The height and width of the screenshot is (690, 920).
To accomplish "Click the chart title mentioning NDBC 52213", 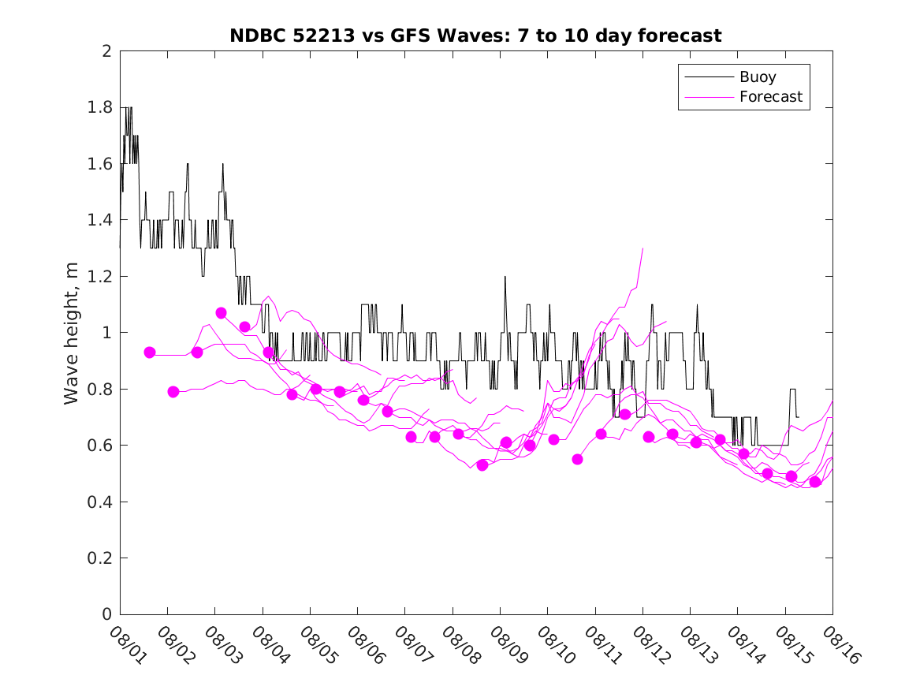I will (475, 35).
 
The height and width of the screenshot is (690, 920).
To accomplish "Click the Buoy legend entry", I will (757, 77).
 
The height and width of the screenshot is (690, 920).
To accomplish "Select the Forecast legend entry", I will (770, 97).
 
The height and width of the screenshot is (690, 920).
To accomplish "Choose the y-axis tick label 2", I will (106, 51).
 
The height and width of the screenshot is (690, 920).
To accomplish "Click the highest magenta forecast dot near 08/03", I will (222, 313).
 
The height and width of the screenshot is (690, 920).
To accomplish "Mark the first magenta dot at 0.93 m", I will (150, 352).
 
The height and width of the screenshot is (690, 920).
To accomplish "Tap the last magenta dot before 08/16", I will (815, 482).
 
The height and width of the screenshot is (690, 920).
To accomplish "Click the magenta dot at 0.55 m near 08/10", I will (577, 459).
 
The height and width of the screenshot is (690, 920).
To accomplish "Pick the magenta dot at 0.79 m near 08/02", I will (173, 392).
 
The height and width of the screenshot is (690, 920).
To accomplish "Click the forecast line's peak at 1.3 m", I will (643, 248).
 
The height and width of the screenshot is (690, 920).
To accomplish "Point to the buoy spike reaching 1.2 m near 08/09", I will (505, 277).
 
